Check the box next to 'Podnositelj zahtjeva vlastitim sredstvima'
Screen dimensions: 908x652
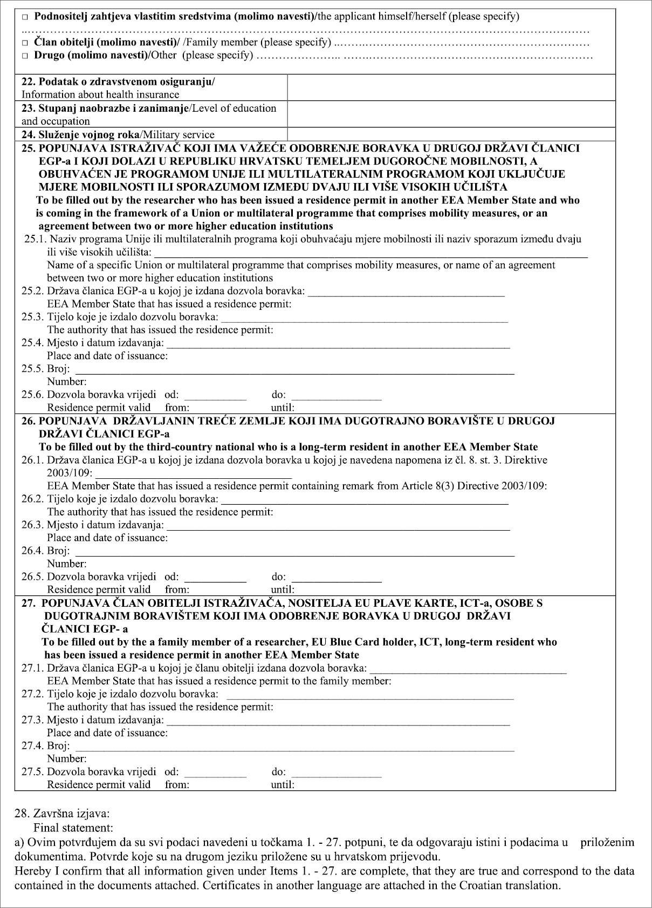point(25,17)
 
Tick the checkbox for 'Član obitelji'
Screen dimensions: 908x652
point(25,43)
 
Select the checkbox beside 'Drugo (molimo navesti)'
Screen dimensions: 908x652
point(25,56)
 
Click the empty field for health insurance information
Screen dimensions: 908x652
point(451,88)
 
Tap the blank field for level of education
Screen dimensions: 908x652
point(451,114)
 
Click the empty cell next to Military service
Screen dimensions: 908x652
point(451,134)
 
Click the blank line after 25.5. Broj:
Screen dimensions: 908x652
point(294,371)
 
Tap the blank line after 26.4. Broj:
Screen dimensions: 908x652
point(294,553)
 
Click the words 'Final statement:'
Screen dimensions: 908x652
point(73,828)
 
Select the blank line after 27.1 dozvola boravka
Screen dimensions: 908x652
point(469,670)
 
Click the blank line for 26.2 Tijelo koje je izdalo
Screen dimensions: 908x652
point(365,501)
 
